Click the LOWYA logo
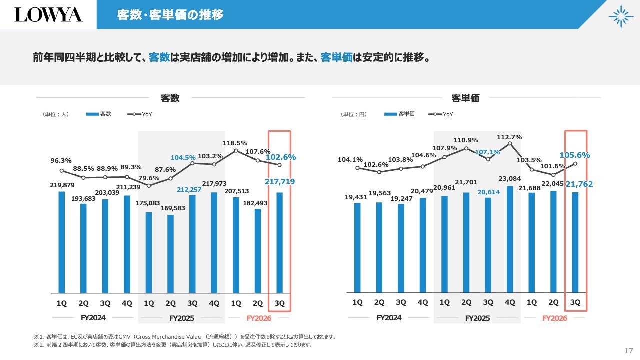tap(48, 14)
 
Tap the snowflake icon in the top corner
tap(621, 16)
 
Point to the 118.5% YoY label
tap(235, 143)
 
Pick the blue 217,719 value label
tap(279, 182)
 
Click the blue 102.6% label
tap(281, 157)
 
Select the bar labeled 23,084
tap(510, 239)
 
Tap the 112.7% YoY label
tap(509, 137)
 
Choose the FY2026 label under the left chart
tap(259, 318)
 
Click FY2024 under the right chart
tap(389, 318)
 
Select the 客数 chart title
tap(170, 98)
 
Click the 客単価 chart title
tap(465, 98)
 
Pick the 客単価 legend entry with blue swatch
tap(400, 114)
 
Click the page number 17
tap(629, 349)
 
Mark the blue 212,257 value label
tap(192, 190)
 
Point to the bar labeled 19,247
tap(401, 248)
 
